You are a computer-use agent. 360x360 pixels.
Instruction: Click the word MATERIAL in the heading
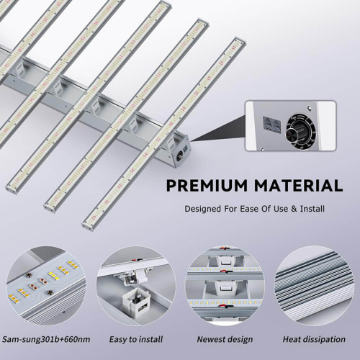299,186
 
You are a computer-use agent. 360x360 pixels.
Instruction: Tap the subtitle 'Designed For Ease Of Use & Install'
254,209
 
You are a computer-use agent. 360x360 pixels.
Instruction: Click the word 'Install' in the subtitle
310,209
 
